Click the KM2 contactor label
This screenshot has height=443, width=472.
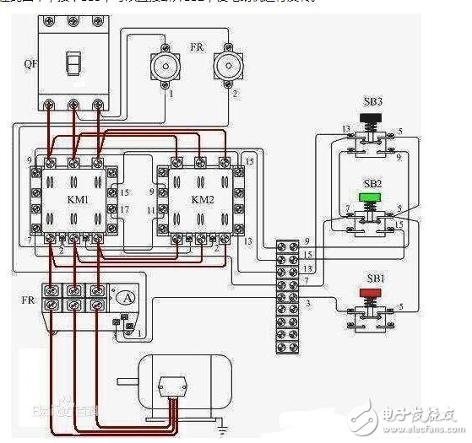click(204, 199)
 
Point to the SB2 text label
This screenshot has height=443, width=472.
click(372, 184)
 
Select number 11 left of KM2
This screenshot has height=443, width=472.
click(151, 209)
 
